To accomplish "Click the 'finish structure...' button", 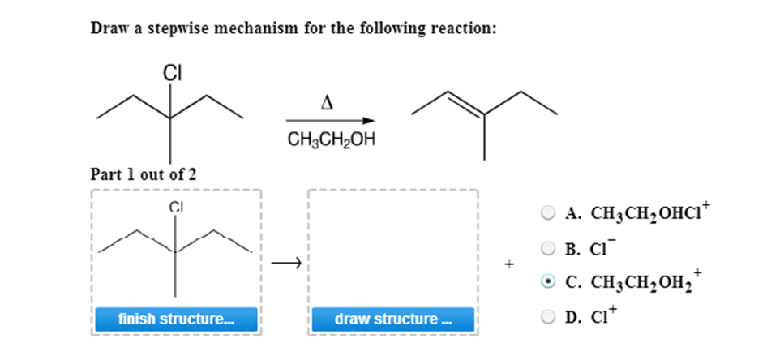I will (175, 319).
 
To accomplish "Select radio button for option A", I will (549, 214).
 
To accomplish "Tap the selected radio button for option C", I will (549, 281).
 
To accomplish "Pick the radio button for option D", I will (549, 314).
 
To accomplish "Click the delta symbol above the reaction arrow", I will (328, 103).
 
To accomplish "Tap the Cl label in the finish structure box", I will (174, 206).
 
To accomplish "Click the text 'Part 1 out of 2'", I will (143, 174).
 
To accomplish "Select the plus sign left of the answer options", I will (509, 264).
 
